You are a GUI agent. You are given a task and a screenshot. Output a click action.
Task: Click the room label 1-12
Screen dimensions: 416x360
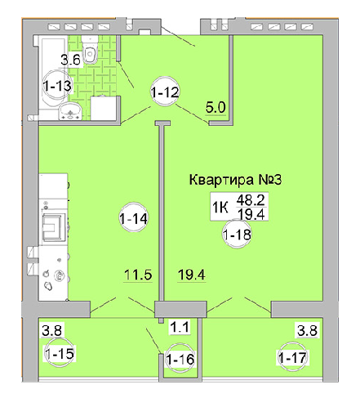164,93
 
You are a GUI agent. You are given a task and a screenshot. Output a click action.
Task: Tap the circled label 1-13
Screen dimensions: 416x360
58,85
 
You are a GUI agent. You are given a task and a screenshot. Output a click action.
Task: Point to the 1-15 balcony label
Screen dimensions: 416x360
57,354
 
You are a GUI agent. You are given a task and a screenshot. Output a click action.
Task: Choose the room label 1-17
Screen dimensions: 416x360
292,358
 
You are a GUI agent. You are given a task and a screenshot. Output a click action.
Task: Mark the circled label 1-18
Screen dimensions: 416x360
237,235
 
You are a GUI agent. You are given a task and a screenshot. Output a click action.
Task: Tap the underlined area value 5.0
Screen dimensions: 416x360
216,106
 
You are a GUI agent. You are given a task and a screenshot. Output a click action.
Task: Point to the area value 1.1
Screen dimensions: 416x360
179,329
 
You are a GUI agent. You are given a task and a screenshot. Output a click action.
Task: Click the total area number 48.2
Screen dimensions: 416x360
249,199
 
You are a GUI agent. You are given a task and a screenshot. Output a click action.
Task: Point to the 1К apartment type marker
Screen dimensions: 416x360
220,207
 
